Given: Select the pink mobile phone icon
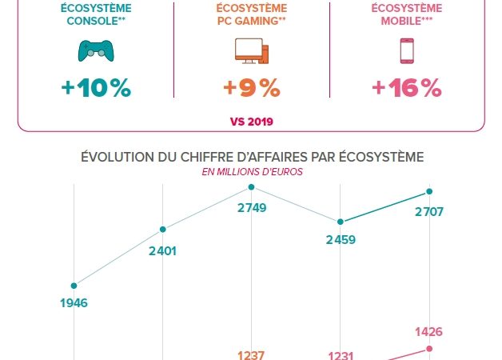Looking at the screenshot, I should pos(406,51).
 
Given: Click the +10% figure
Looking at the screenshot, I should pos(95,88).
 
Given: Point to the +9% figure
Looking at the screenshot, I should pos(252,88).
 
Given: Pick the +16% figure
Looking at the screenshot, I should pos(406,88).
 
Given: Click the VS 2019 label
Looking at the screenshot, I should pos(251,122).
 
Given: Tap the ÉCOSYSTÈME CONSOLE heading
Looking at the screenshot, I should pos(95,14).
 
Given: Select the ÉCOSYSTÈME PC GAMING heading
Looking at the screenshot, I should pos(252,14).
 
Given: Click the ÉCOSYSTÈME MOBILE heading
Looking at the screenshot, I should pos(406,14).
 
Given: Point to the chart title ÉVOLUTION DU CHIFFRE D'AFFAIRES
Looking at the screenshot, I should pos(252,156).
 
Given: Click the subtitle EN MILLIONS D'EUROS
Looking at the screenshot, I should pos(252,170).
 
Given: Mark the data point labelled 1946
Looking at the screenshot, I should pos(74,285).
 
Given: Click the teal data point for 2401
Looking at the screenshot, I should pos(163,229).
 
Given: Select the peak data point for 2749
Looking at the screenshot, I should pos(252,187).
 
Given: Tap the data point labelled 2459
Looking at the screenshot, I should pos(341,222).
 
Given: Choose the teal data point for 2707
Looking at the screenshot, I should pos(430,191).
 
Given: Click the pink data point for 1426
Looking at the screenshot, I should pos(430,348).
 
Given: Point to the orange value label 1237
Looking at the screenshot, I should pos(252,355).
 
